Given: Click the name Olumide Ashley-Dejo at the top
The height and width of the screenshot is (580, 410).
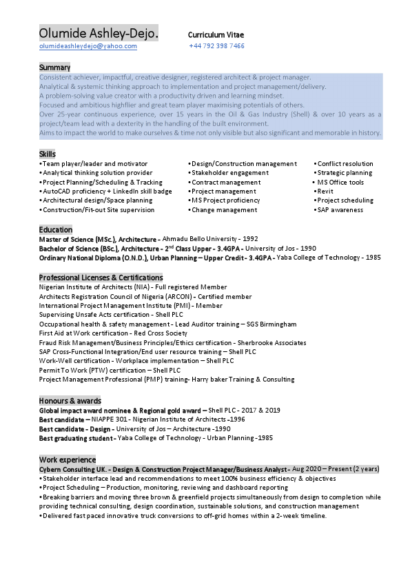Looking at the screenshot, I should pos(99,33).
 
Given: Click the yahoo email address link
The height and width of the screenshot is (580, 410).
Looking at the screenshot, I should pos(88,46).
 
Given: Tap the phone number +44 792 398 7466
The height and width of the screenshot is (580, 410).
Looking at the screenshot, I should pos(216,46).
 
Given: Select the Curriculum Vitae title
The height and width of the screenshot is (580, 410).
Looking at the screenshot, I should pos(216,34).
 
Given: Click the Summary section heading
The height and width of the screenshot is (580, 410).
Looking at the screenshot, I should pos(54,68).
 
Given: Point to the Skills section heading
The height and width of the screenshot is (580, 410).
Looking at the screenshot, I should pos(48,154).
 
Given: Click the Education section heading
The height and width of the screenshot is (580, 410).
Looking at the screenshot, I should pos(55,229).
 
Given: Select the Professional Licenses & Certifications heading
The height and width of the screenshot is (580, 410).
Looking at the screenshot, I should pos(101,277).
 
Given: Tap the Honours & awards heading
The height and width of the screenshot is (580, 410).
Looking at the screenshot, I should pos(70,400).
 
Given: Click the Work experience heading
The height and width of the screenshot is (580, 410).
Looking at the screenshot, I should pos(68,459).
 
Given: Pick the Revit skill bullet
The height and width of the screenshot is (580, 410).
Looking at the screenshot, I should pos(326,191).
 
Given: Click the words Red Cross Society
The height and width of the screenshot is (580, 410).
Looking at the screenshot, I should pos(161,333).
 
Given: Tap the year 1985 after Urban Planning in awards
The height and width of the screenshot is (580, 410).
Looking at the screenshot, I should pos(265,437).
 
